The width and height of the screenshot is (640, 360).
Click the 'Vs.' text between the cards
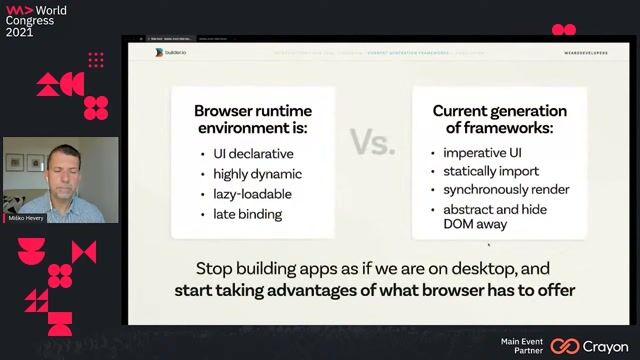(x=372, y=142)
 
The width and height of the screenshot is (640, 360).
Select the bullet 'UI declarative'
(x=253, y=154)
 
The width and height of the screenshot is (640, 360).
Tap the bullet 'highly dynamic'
(x=255, y=174)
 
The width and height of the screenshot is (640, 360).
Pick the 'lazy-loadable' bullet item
(x=251, y=194)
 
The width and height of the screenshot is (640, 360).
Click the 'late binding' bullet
(x=247, y=214)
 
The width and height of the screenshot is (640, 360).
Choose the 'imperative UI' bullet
(x=485, y=154)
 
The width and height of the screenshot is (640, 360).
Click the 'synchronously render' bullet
(x=507, y=190)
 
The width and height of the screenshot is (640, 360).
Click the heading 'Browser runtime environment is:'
(x=253, y=119)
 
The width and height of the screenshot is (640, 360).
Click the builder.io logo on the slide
(x=171, y=51)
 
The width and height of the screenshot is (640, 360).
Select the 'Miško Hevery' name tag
(x=31, y=218)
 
